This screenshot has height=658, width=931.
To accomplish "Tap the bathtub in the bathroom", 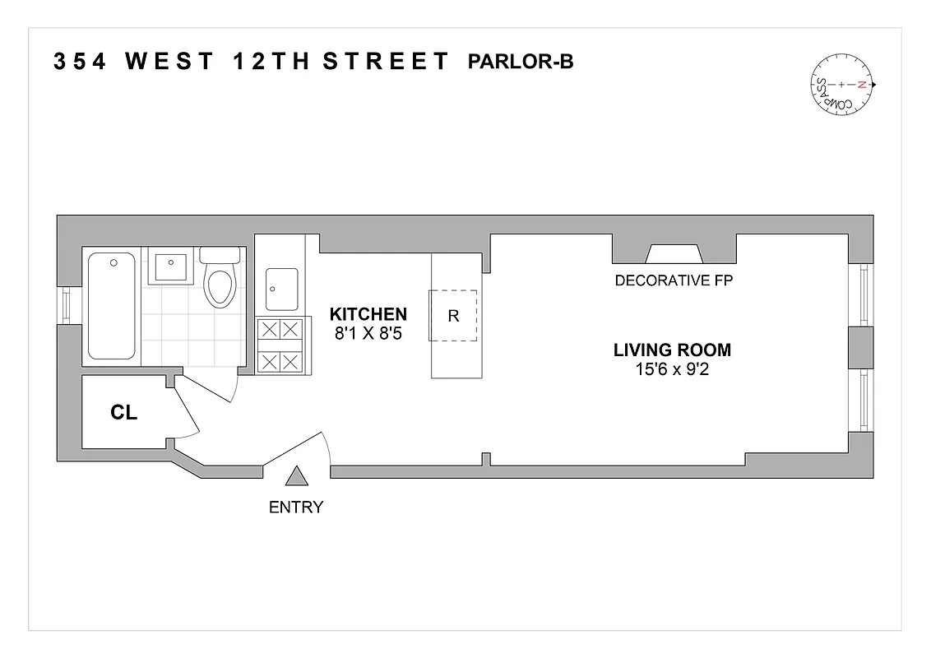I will pyautogui.click(x=111, y=305).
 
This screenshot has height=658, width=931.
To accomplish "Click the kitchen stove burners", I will pyautogui.click(x=280, y=345).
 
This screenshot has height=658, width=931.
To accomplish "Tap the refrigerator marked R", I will pyautogui.click(x=453, y=315).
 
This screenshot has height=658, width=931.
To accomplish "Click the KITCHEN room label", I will pyautogui.click(x=368, y=313).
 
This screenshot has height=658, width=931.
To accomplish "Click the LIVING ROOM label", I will pyautogui.click(x=672, y=350).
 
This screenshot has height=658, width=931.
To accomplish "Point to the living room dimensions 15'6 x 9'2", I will pyautogui.click(x=672, y=369).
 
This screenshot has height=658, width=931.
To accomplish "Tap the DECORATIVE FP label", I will pyautogui.click(x=674, y=280).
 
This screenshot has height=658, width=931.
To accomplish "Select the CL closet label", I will pyautogui.click(x=123, y=413).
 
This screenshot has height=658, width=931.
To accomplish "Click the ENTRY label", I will pyautogui.click(x=296, y=507).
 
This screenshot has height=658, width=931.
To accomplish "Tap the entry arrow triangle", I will pyautogui.click(x=296, y=476).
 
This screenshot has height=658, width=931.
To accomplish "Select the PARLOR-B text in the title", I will pyautogui.click(x=520, y=62).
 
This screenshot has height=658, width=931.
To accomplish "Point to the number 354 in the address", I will pyautogui.click(x=79, y=63).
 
